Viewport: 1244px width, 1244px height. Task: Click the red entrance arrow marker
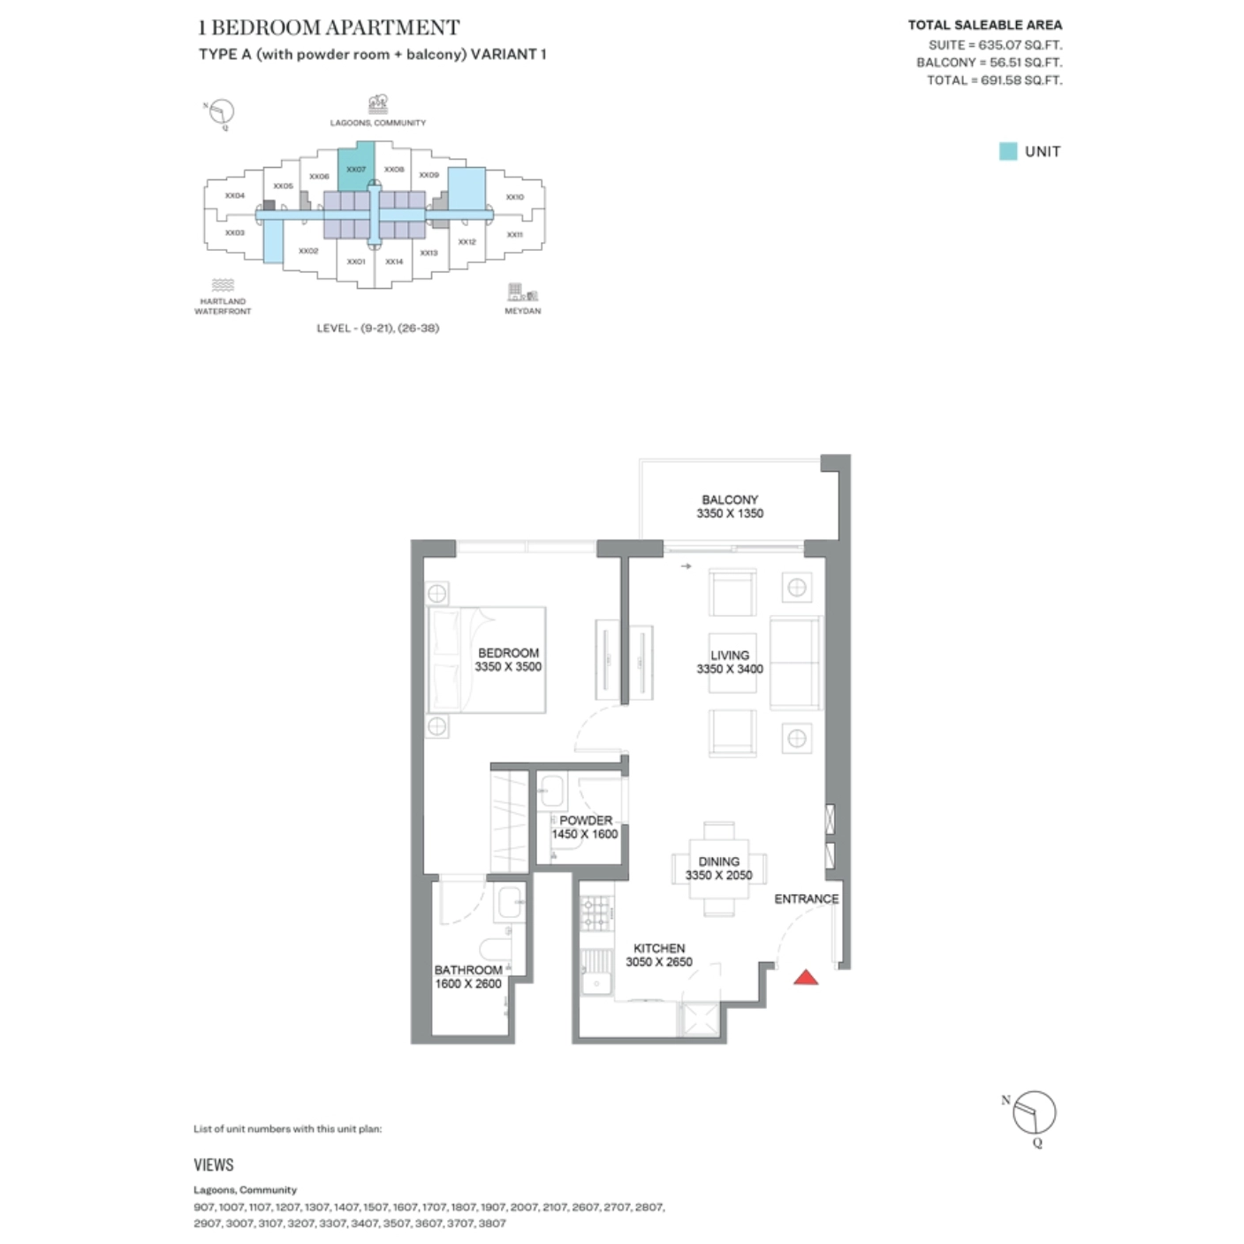[805, 977]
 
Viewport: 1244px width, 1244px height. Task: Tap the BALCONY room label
[730, 499]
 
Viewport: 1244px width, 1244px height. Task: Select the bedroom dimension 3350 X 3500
[508, 667]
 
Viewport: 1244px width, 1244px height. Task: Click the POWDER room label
[585, 820]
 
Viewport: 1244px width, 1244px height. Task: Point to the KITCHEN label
[659, 948]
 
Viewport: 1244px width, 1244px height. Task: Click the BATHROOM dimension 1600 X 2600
[467, 983]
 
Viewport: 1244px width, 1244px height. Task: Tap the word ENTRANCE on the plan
[806, 899]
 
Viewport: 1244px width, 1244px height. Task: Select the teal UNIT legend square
[1007, 151]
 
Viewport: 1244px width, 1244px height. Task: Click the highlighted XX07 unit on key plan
[356, 167]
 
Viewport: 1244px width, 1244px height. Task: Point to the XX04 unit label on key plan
[234, 195]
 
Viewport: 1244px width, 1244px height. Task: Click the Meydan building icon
[522, 292]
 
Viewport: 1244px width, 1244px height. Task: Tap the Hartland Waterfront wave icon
[223, 285]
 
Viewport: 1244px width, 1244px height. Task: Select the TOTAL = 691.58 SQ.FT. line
[994, 80]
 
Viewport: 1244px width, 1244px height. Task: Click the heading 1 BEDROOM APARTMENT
[329, 27]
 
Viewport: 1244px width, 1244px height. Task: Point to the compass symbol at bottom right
[1034, 1113]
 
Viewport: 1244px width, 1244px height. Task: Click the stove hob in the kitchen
[597, 914]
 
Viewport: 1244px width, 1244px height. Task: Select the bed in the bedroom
[486, 659]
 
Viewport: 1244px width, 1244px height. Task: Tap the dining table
[718, 869]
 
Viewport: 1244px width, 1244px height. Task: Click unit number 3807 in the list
[492, 1224]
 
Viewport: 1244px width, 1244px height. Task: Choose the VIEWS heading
[214, 1164]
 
